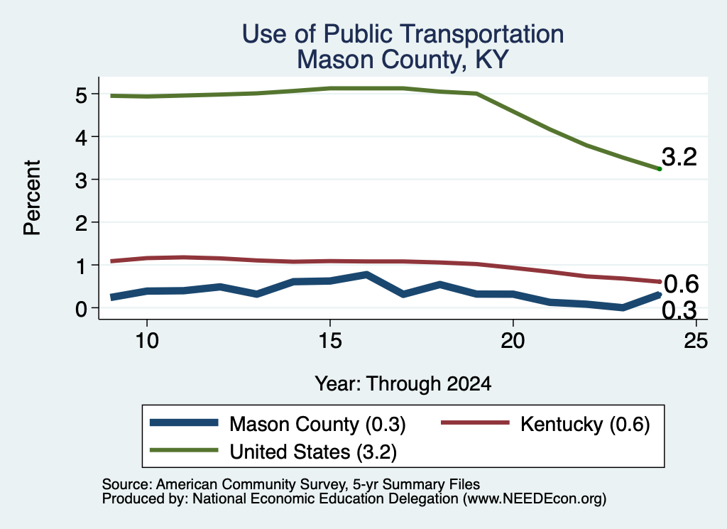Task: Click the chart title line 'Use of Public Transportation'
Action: coord(403,34)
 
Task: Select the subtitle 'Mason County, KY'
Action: coord(403,60)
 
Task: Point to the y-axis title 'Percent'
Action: coord(33,198)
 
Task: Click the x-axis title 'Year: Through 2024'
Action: coord(403,384)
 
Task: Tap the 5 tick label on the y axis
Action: coord(81,96)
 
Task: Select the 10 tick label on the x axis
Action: coord(147,341)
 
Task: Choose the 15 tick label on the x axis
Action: coord(330,341)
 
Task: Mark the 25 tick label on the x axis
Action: coord(696,341)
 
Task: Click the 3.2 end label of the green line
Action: coord(679,157)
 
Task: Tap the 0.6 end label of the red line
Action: coord(682,284)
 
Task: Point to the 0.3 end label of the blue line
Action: coord(679,310)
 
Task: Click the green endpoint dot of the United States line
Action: coord(660,169)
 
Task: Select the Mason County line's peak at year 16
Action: coord(366,275)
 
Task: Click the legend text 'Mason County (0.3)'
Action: coord(317,424)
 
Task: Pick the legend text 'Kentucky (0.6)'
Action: coord(585,424)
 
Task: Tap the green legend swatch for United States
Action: coord(184,450)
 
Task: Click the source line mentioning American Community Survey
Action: coord(290,484)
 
